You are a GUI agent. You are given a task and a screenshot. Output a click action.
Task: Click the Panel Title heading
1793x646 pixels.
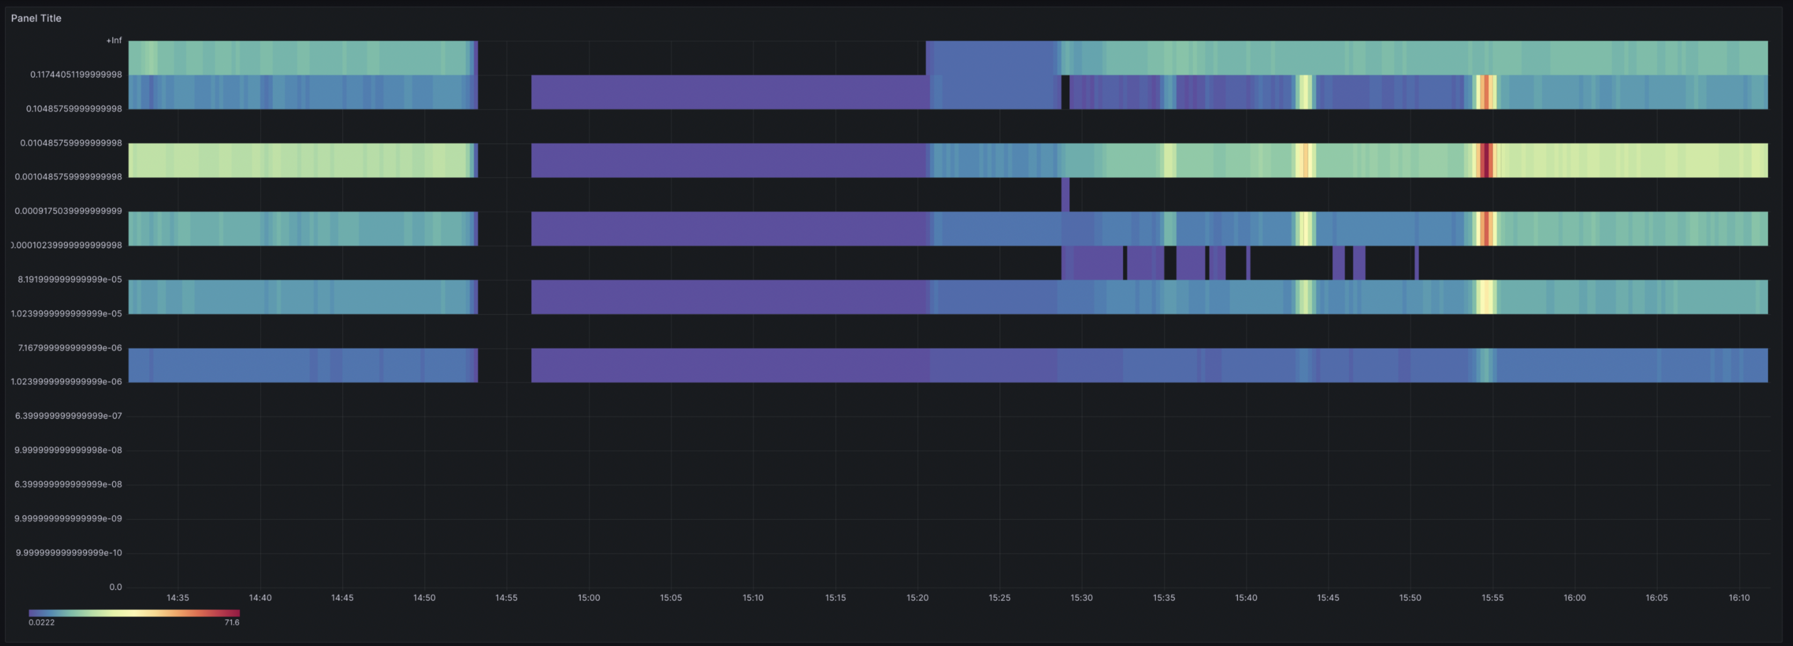tap(36, 18)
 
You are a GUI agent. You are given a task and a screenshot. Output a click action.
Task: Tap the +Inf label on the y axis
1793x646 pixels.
tap(113, 40)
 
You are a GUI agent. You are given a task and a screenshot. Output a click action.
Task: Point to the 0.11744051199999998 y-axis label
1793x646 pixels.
tap(76, 75)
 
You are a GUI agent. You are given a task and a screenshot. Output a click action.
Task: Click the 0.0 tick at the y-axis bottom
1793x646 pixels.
tap(115, 587)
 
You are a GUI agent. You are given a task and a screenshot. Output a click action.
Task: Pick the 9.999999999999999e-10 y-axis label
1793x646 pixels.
tap(69, 553)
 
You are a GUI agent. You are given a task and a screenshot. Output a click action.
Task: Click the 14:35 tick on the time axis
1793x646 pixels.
tap(178, 598)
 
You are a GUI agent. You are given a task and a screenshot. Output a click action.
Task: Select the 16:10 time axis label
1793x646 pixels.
tap(1738, 598)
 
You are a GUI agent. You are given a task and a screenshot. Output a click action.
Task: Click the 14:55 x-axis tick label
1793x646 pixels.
tap(506, 598)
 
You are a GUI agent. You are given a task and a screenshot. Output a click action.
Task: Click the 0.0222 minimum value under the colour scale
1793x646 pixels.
tap(41, 622)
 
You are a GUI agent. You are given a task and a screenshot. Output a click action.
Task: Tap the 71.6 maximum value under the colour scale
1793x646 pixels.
tap(232, 622)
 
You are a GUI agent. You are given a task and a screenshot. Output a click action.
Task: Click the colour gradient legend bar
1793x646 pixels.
tap(134, 613)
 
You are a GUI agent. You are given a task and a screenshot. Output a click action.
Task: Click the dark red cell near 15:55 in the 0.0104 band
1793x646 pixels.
tap(1486, 160)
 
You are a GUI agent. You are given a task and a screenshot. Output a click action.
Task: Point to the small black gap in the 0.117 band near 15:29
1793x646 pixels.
tap(1065, 92)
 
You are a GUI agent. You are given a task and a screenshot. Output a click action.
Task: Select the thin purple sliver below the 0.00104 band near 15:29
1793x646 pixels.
tap(1065, 194)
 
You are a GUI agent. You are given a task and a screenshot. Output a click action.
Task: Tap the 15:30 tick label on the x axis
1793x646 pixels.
tap(1081, 598)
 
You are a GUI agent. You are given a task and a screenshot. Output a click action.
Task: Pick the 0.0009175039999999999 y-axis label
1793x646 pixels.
tap(68, 211)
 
